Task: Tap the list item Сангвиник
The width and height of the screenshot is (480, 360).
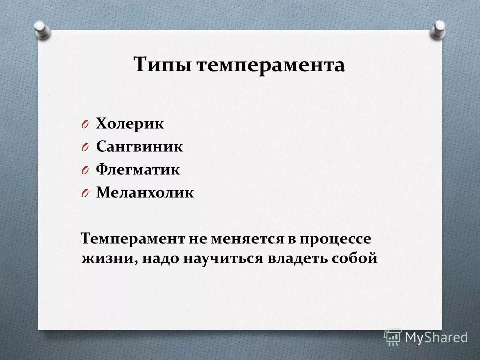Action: click(x=139, y=147)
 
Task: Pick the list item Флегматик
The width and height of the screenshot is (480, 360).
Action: click(x=137, y=170)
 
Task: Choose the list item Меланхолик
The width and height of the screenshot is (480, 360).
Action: click(x=144, y=193)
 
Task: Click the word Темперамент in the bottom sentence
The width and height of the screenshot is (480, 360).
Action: click(x=132, y=239)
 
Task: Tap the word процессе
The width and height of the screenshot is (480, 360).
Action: click(x=336, y=239)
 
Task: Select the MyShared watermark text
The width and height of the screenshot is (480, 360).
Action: click(x=436, y=338)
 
